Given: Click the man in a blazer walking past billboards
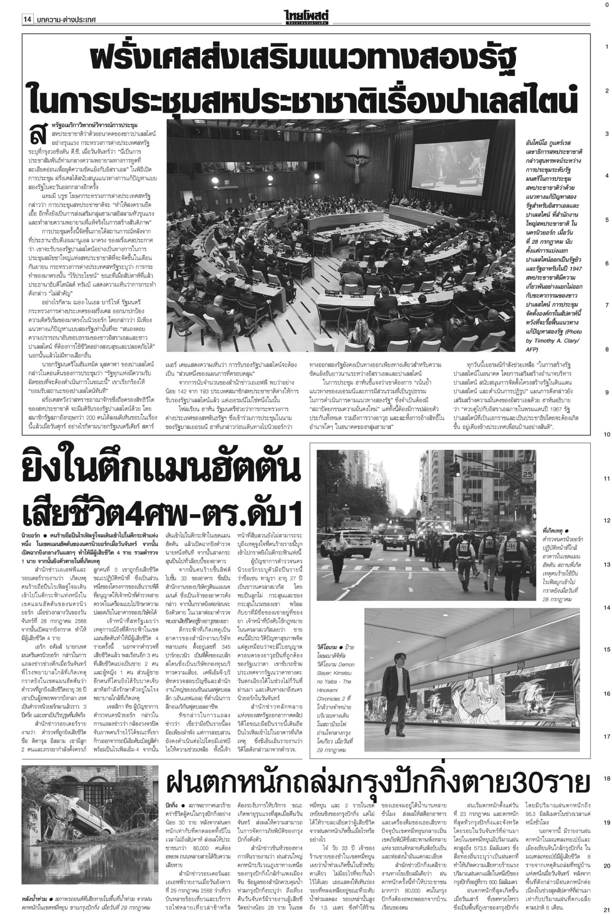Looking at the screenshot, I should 404,676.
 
